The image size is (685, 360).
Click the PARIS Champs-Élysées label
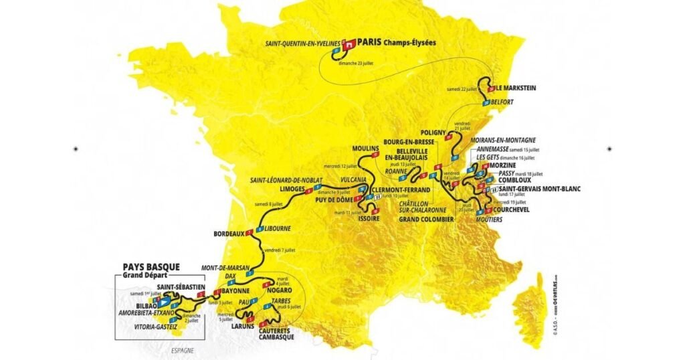point(397,41)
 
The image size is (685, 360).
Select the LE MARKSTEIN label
point(516,88)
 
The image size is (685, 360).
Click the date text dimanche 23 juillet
point(357,63)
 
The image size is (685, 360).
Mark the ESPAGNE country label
point(182,351)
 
